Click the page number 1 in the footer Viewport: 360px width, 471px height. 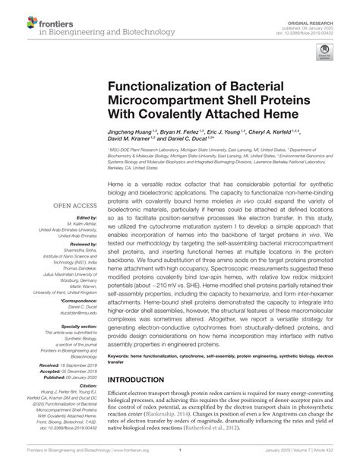click(x=179, y=463)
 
